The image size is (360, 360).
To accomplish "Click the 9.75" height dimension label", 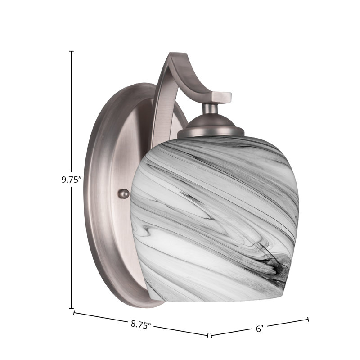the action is click(72, 180).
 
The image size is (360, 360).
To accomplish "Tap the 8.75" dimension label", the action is click(141, 324).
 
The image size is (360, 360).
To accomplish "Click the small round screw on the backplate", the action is click(123, 194).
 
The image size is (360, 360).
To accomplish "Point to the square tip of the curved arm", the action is click(221, 96).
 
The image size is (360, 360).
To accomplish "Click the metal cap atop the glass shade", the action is click(211, 127).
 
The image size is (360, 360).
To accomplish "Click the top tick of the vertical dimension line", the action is click(72, 51).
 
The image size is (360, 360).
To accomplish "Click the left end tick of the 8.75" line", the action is click(74, 312).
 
